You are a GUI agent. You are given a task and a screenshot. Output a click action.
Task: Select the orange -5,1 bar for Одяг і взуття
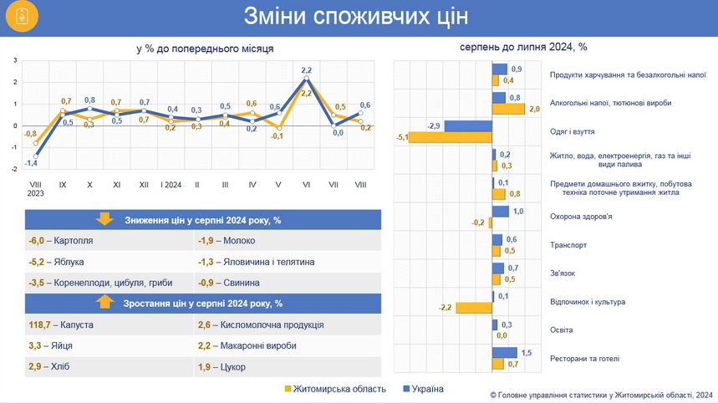click(x=451, y=137)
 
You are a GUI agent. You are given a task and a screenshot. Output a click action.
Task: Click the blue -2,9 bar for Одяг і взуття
click(x=467, y=125)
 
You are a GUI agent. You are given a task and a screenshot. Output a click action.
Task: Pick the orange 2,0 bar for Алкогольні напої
click(x=508, y=109)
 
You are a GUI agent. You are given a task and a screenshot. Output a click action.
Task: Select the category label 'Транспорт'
click(x=568, y=245)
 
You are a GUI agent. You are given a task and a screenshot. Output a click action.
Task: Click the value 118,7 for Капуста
click(x=42, y=325)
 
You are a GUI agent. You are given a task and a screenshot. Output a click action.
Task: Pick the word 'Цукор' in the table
click(x=234, y=366)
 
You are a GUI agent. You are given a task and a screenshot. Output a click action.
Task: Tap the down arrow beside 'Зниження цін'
click(x=105, y=219)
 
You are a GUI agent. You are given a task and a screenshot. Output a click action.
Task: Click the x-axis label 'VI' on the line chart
click(x=306, y=184)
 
